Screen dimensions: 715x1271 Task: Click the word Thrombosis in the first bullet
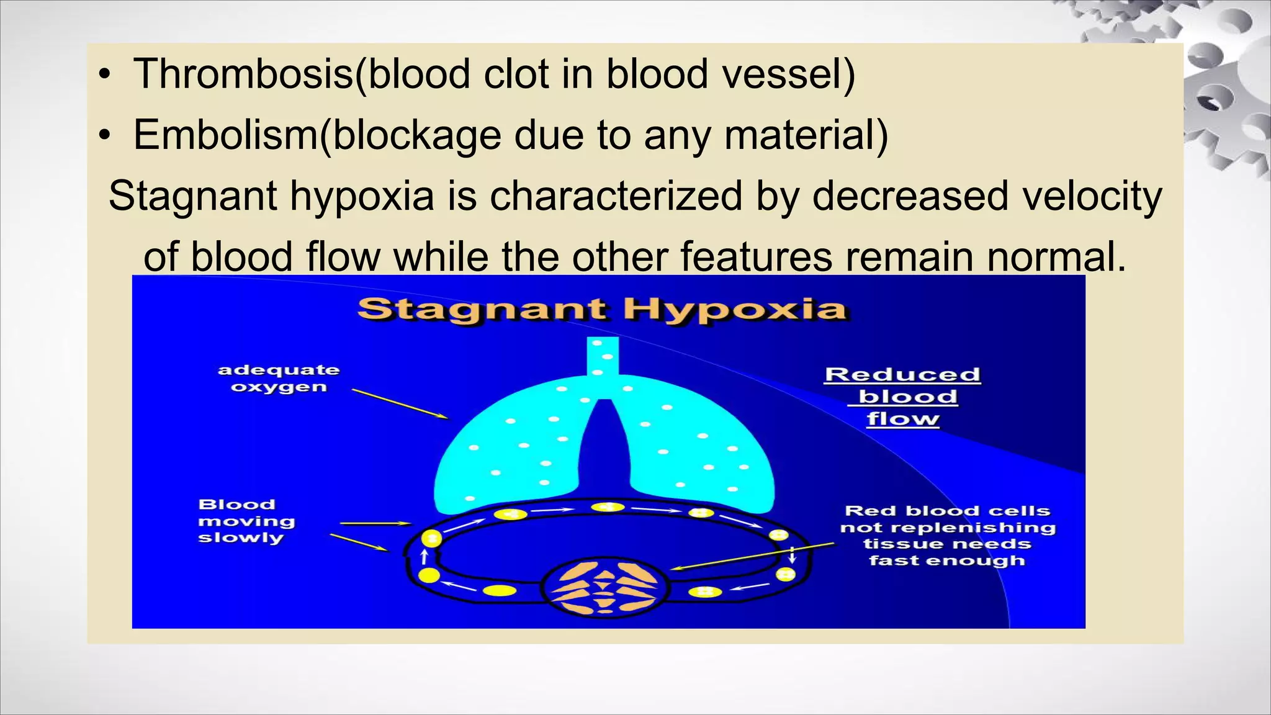[x=242, y=74]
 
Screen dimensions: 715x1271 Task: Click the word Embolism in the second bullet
[x=225, y=135]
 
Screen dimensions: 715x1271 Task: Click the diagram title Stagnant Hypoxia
[x=602, y=309]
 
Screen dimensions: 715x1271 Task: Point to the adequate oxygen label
[x=279, y=379]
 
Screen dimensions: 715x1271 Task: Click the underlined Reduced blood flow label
[x=903, y=397]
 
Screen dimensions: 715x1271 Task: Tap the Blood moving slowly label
[x=246, y=521]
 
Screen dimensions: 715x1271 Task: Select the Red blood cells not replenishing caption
[x=948, y=536]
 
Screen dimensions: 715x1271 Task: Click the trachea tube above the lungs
[x=603, y=357]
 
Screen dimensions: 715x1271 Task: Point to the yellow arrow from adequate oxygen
[x=399, y=404]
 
